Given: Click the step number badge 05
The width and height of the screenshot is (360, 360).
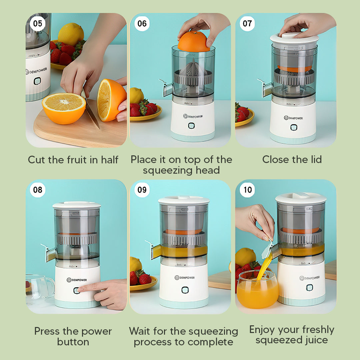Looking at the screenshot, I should pos(38,23).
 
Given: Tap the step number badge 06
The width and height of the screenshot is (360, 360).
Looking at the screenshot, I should pos(142,23).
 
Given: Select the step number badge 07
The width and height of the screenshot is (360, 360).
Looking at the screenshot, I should pos(247,23).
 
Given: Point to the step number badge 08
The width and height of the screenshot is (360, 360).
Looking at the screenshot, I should pos(38,190).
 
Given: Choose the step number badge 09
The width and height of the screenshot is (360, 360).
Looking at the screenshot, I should pos(142,190).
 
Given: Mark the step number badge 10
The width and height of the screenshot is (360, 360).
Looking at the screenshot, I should pos(247,190).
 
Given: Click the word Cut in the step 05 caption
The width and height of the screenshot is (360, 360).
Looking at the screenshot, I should pos(37,160).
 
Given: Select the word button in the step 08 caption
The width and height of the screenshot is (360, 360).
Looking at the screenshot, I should pos(73,342).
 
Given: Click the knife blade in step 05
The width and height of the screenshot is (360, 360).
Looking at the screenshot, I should pos(91,113).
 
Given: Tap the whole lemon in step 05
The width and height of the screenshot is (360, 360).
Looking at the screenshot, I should pos(71,34).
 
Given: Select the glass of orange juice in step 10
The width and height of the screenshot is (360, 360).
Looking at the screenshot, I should pos(257,290).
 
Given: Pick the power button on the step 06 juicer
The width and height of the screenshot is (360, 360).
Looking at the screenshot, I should pos(191,126).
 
